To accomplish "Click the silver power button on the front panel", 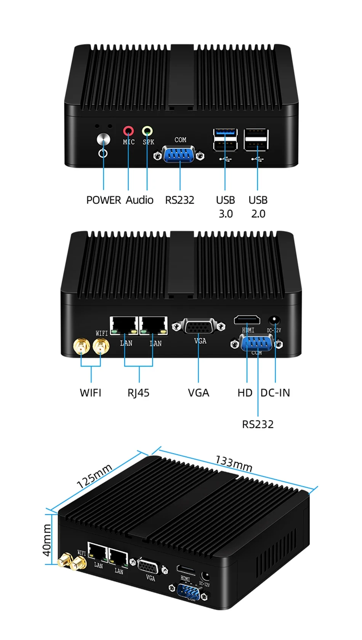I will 103,139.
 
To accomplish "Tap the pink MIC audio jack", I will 128,131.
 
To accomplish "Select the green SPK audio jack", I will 147,131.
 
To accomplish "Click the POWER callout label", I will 103,200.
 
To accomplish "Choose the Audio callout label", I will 139,200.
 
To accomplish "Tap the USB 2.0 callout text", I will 258,207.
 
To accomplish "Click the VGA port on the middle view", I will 199,327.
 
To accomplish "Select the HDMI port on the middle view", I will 247,320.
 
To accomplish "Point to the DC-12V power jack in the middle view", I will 274,320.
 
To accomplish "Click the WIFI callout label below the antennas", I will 91,393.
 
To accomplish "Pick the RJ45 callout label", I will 138,393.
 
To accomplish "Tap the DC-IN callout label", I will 275,393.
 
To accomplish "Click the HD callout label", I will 245,393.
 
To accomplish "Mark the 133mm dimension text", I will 234,463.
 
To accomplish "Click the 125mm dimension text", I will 94,476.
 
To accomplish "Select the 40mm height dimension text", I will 46,540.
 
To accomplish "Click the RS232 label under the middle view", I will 258,424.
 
